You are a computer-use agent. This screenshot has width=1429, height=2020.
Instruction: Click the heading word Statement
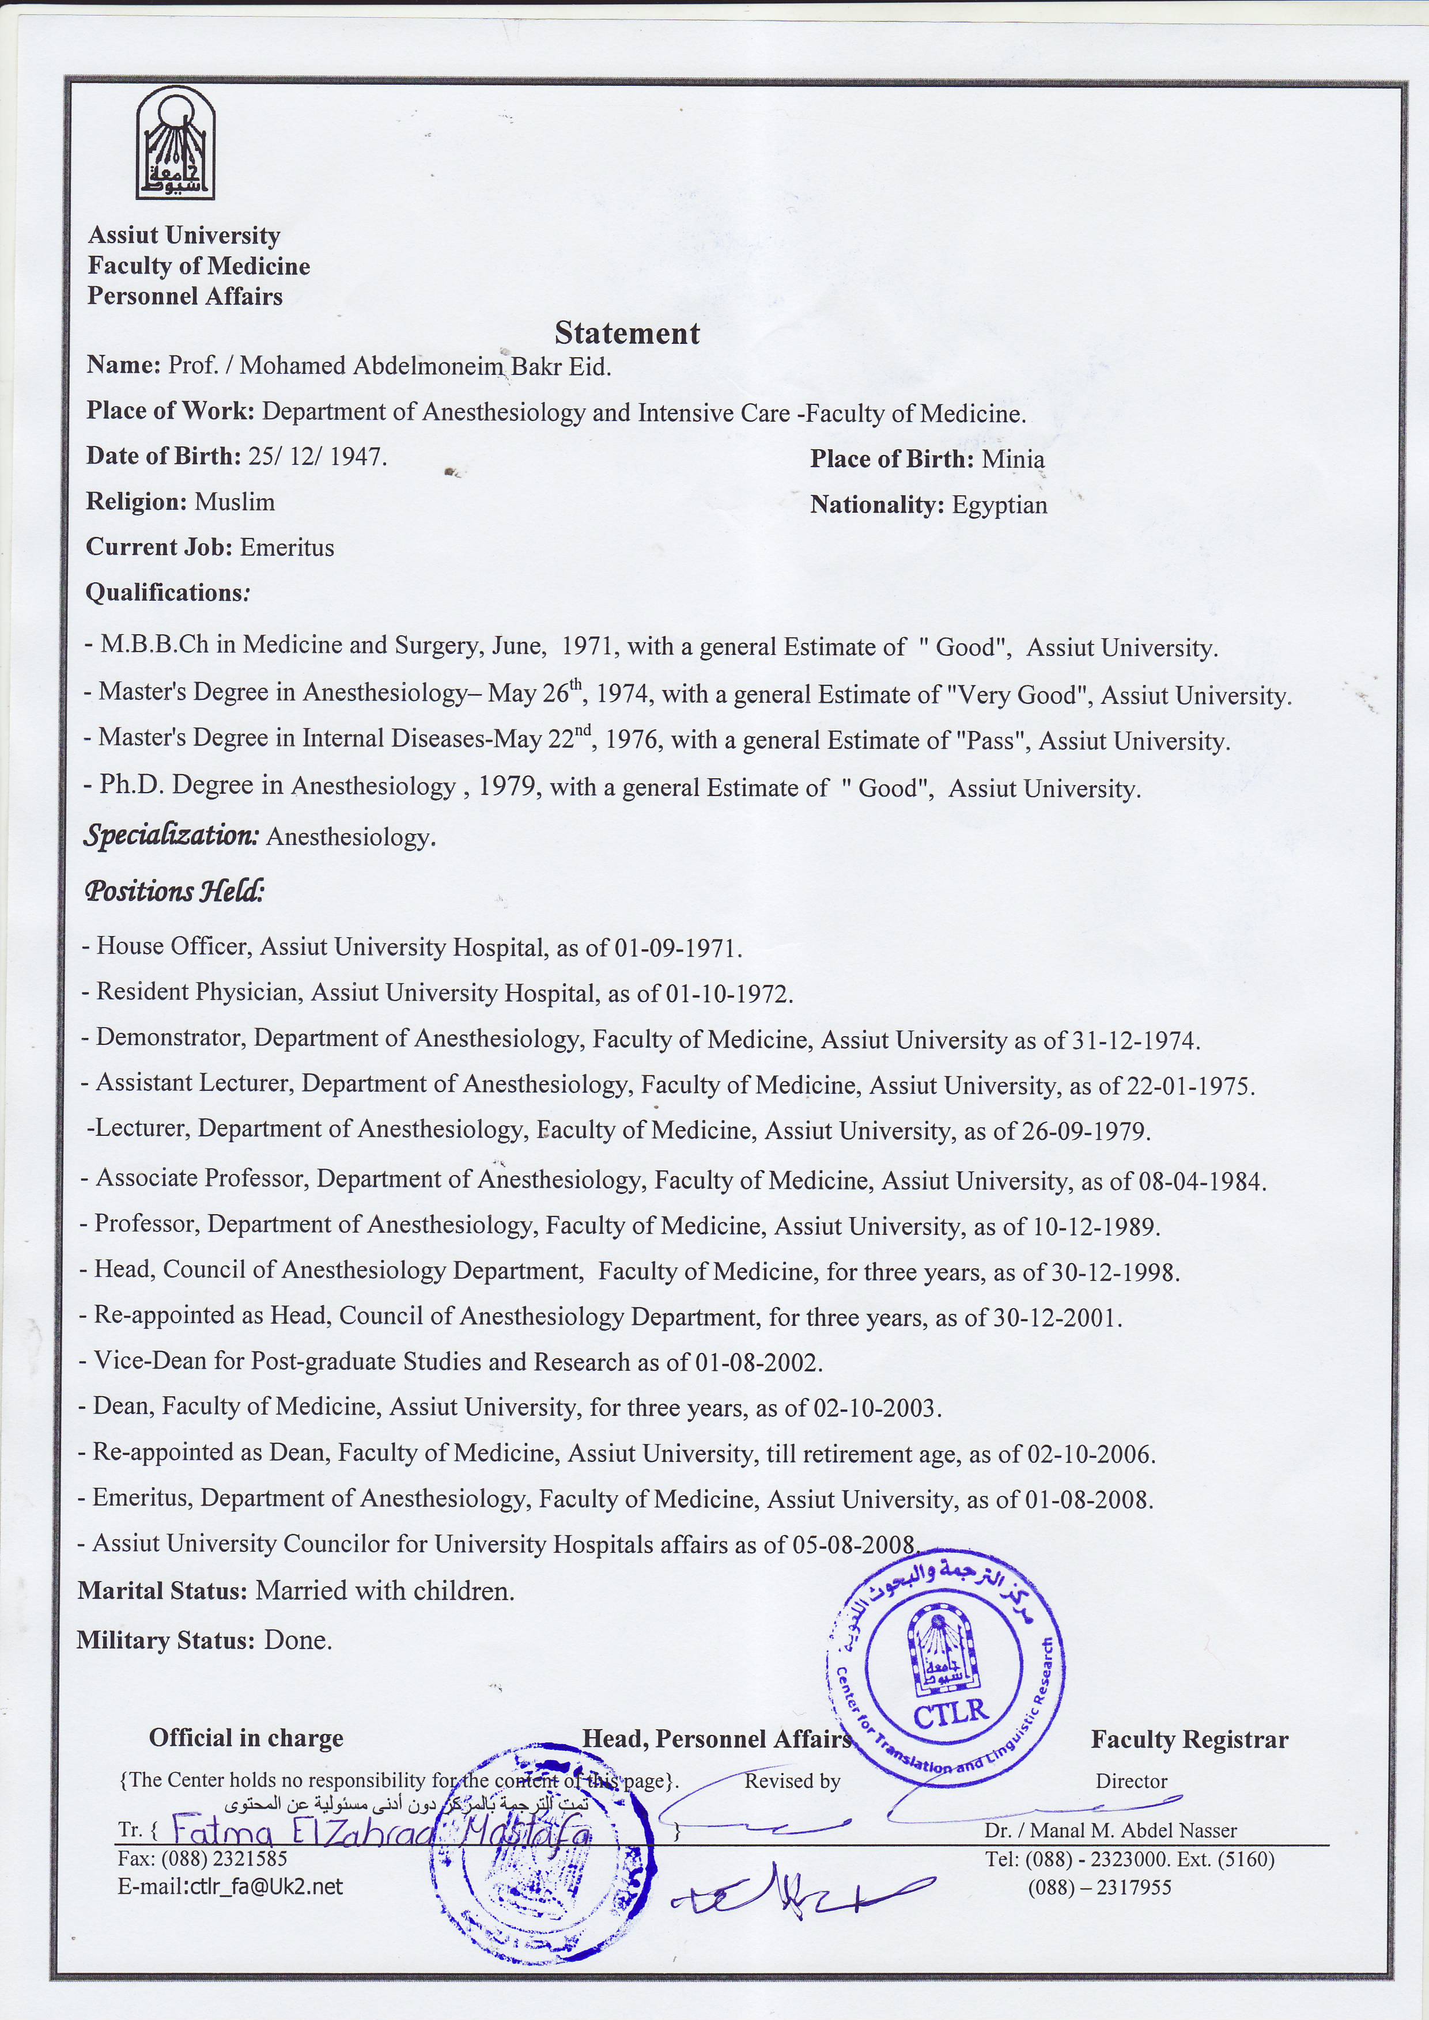point(626,333)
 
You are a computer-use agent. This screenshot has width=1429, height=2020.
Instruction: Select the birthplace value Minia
point(1013,459)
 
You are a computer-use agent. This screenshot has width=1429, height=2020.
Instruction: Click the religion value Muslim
point(234,502)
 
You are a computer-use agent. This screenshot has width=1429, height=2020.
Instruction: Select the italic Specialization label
point(172,835)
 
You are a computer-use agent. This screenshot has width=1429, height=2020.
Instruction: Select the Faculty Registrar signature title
point(1189,1740)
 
